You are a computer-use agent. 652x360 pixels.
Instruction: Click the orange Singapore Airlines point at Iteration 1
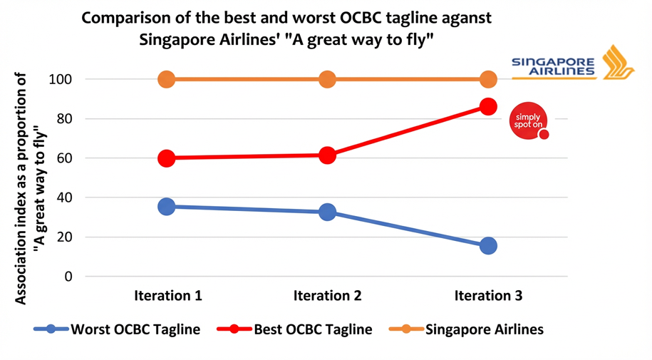click(166, 79)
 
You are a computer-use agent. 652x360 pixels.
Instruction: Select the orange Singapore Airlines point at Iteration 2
click(327, 79)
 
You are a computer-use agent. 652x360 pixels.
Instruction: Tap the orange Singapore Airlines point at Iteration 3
click(488, 79)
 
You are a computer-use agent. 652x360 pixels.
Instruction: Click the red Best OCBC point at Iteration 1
click(166, 158)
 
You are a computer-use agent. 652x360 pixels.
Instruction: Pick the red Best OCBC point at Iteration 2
click(327, 155)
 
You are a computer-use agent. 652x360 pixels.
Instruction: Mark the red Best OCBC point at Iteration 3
click(488, 107)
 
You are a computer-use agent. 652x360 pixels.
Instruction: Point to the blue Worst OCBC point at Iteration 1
click(166, 207)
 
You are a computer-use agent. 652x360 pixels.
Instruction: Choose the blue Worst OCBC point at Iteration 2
click(327, 212)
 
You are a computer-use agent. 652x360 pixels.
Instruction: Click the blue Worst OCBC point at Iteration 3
click(488, 246)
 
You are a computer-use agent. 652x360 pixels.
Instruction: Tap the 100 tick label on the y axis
click(61, 79)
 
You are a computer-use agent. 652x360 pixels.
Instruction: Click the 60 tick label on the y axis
click(65, 158)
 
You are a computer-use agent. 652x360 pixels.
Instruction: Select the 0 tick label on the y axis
click(68, 277)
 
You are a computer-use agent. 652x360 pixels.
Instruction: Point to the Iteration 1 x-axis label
click(167, 295)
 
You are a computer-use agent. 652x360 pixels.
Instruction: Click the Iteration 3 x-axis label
click(488, 295)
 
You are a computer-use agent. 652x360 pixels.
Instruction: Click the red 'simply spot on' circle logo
click(529, 120)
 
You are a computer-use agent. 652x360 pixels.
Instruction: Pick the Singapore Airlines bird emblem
click(617, 63)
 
